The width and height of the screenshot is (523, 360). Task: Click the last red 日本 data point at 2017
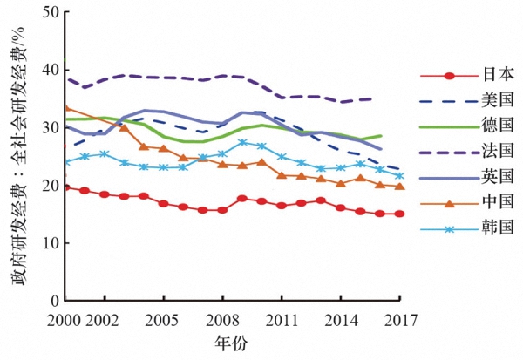click(x=400, y=214)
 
